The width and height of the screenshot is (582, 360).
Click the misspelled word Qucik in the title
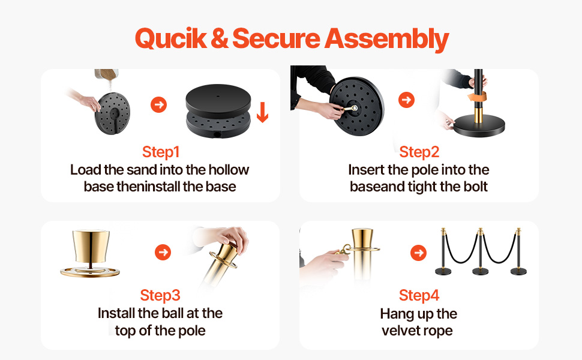[x=171, y=38]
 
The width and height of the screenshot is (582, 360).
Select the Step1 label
[x=161, y=152]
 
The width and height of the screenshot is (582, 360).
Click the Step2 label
[x=419, y=152]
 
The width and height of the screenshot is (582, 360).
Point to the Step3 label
[x=160, y=295]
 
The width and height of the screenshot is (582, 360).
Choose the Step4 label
[x=419, y=295]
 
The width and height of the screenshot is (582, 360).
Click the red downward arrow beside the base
[x=262, y=112]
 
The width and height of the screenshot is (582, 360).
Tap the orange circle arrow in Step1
[x=158, y=104]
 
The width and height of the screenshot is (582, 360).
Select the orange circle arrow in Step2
[x=406, y=100]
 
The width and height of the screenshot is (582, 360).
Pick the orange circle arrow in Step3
[x=163, y=253]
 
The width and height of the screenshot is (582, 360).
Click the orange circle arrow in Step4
[x=419, y=253]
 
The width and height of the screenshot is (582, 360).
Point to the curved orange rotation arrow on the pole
[x=478, y=97]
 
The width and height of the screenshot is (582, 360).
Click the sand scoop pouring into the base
[x=106, y=74]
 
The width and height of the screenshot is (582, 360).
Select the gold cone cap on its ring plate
[x=91, y=253]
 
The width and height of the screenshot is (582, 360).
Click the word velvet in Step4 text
[x=398, y=331]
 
